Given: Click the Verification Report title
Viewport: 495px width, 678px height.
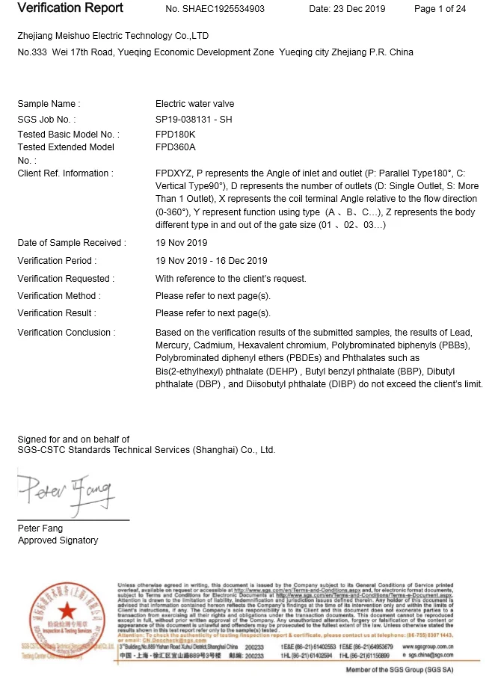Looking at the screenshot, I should [70, 9].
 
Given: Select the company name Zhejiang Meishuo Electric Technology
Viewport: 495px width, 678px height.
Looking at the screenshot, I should [113, 36].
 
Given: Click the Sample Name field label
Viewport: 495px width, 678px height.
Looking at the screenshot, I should [49, 104].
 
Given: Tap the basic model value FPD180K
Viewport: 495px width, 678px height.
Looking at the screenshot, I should [175, 134].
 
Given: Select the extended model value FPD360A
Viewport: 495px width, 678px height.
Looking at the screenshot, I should [175, 147].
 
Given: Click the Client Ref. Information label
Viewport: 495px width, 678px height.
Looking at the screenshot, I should [65, 173].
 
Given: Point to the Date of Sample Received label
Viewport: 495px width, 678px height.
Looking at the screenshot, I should [72, 243].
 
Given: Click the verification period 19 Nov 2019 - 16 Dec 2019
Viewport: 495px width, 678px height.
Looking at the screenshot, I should [211, 261].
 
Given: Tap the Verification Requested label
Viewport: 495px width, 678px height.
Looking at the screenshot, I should [66, 279].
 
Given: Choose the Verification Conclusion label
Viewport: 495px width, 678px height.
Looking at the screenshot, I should [67, 332].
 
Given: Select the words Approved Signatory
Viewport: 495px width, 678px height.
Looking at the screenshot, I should [58, 540].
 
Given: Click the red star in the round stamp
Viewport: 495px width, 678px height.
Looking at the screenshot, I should [64, 611].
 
